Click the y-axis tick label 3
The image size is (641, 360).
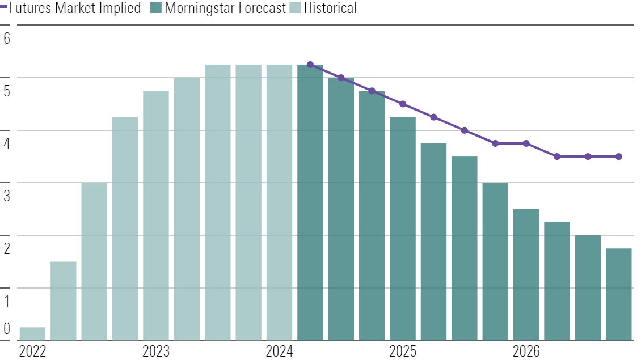(x=7, y=196)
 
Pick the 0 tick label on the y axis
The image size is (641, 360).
(x=7, y=328)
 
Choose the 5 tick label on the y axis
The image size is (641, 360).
(x=7, y=91)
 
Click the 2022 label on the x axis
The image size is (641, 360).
(x=32, y=351)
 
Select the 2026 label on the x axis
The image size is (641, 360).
(x=526, y=351)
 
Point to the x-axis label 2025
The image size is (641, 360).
(x=403, y=351)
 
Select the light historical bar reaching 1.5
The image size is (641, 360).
(x=64, y=300)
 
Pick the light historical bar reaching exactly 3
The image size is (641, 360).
(x=94, y=261)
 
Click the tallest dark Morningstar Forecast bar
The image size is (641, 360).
(x=310, y=202)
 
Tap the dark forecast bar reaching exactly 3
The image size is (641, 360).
(x=495, y=261)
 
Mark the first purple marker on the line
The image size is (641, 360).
(x=310, y=65)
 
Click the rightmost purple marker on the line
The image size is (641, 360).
(x=619, y=156)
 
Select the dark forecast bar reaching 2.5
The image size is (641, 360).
(x=526, y=274)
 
